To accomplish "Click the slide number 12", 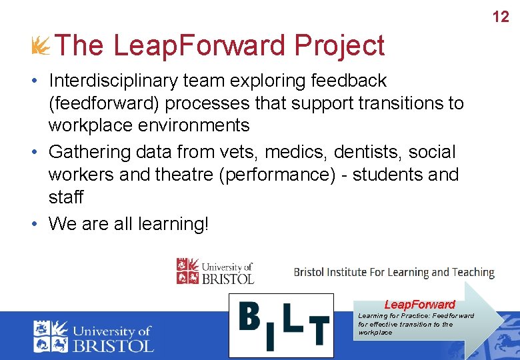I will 501,17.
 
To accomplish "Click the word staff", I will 66,197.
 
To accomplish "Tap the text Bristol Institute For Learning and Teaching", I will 394,272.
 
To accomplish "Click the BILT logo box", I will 281,325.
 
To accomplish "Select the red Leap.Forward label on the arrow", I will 419,305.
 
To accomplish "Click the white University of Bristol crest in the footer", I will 51,336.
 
